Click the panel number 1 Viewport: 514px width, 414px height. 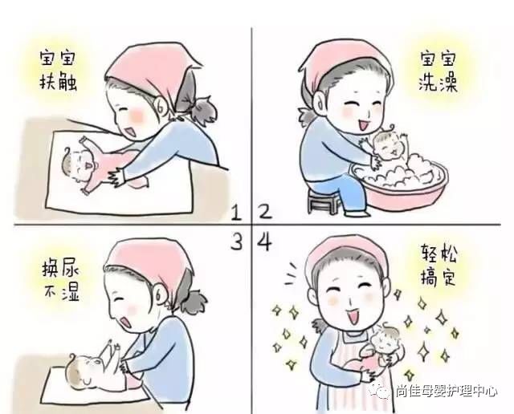(x=237, y=213)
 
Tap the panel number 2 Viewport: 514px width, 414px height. (x=265, y=212)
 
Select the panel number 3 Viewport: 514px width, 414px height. (x=237, y=241)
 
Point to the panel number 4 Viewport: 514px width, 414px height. (x=265, y=242)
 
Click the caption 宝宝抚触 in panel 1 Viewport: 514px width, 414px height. (x=58, y=70)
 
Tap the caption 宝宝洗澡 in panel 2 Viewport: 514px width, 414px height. (x=439, y=71)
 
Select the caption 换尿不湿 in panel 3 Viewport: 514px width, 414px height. (x=61, y=282)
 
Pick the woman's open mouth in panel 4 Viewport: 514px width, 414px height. (x=354, y=316)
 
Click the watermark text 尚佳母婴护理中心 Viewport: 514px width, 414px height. (x=447, y=392)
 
